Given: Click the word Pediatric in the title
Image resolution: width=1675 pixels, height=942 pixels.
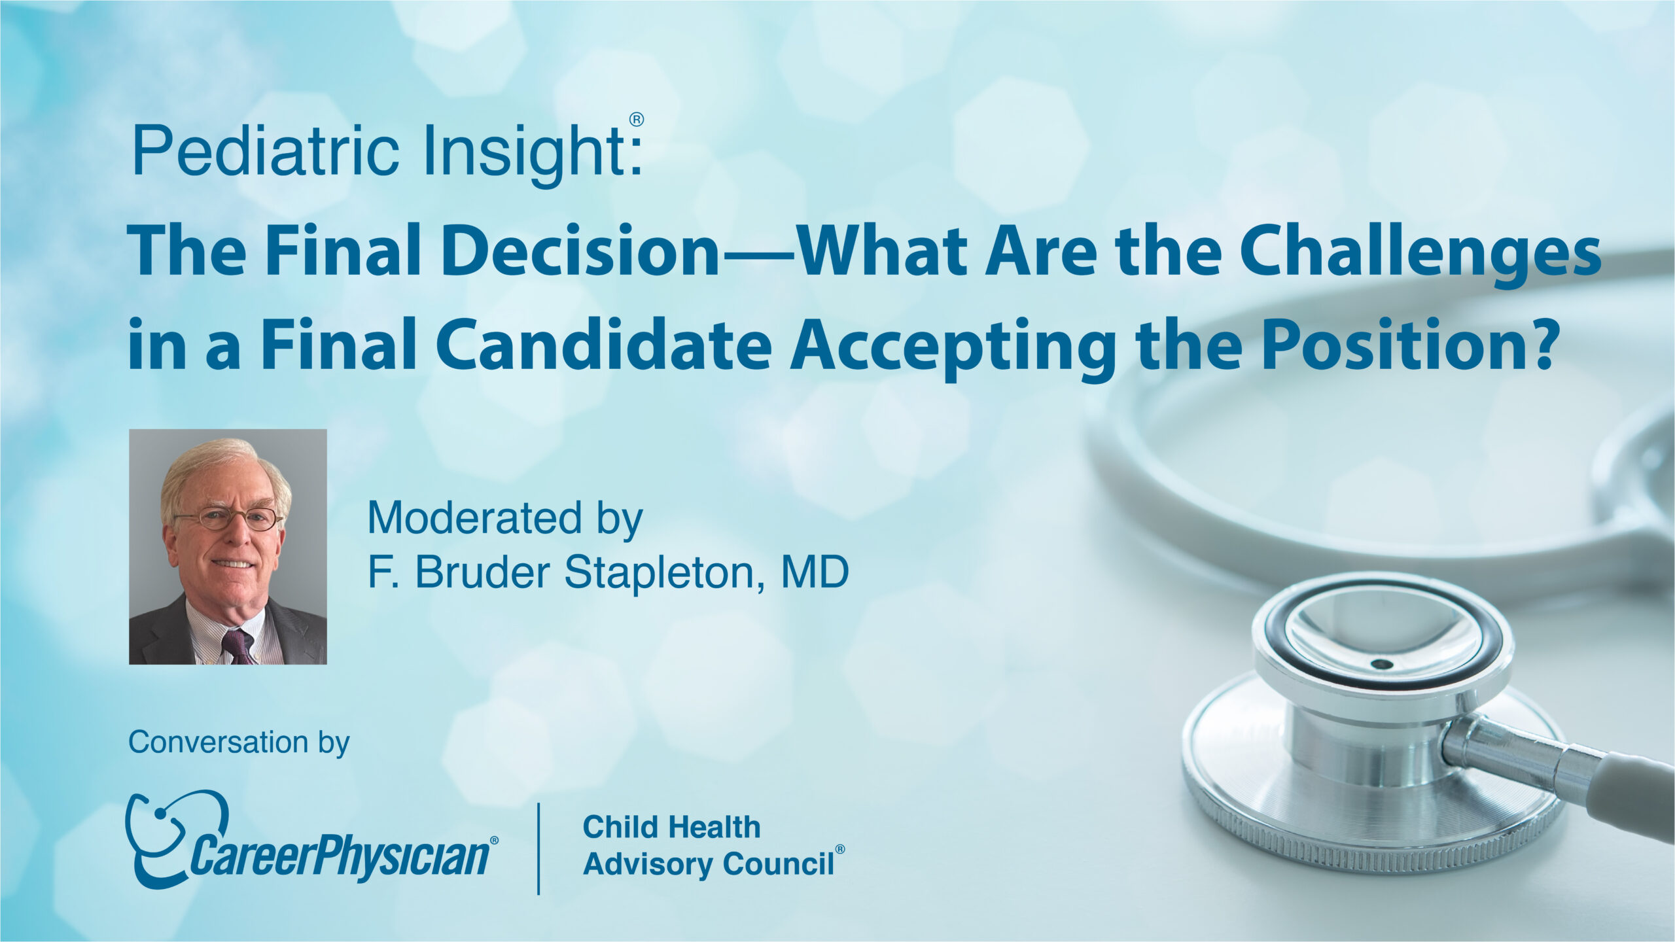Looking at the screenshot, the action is (265, 152).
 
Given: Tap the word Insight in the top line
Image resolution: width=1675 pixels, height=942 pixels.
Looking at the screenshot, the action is (523, 154).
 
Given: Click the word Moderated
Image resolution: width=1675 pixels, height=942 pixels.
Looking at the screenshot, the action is (474, 518).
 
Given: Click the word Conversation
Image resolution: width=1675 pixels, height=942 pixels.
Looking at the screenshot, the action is (218, 742).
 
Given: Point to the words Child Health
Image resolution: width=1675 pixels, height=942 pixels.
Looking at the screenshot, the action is (671, 828).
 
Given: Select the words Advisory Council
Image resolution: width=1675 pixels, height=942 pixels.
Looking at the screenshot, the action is (709, 863).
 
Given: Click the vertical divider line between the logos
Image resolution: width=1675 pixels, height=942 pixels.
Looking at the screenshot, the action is (538, 848).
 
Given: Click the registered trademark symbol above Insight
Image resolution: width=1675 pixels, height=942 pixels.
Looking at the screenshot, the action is (637, 120).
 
